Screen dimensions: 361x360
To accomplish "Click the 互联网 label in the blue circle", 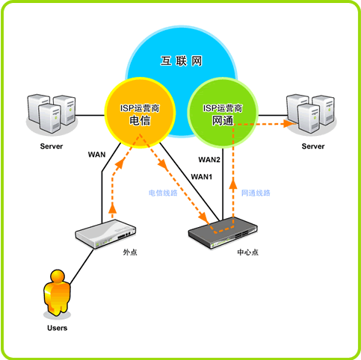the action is click(x=181, y=61).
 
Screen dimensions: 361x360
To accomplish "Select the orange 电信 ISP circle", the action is click(x=141, y=113).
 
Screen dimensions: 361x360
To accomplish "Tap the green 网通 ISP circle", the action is click(x=223, y=113).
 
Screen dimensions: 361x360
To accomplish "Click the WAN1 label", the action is click(x=202, y=177).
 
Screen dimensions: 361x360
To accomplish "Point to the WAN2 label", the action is click(x=209, y=160).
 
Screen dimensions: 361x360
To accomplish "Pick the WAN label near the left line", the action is click(x=96, y=155).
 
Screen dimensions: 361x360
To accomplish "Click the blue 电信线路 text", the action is click(x=163, y=193).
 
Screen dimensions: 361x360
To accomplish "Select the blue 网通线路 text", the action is click(x=256, y=193).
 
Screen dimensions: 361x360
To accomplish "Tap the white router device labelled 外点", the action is click(x=105, y=234).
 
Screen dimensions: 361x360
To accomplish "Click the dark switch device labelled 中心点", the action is click(x=223, y=232).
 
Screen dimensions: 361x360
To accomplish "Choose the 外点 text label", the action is click(x=130, y=252).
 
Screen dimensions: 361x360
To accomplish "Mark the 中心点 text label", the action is click(x=248, y=252).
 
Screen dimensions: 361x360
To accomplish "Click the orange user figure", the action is click(x=57, y=293).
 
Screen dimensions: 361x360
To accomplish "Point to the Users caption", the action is click(x=58, y=328).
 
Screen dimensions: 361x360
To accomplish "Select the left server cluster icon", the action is click(x=52, y=114).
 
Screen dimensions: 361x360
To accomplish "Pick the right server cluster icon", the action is click(x=311, y=114).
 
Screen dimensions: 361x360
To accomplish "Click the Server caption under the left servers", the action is click(x=52, y=146).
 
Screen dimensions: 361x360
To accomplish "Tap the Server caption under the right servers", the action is click(x=313, y=146).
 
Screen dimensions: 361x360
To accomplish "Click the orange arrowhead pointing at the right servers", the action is click(x=289, y=123).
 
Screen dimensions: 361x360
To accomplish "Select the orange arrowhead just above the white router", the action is click(x=113, y=208).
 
